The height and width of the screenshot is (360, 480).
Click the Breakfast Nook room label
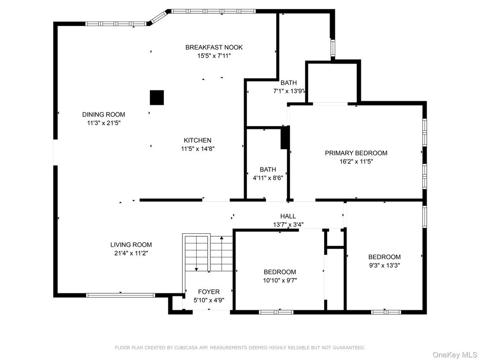click(214, 47)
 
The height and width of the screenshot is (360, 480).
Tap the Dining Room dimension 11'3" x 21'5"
click(103, 123)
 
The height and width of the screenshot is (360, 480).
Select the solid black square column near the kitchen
click(157, 98)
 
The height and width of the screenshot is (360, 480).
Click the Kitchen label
click(197, 140)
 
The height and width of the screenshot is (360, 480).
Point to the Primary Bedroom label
click(356, 153)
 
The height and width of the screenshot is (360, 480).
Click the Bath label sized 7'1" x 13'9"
click(289, 83)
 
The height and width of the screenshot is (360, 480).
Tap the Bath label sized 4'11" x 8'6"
click(268, 169)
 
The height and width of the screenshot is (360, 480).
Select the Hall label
click(288, 216)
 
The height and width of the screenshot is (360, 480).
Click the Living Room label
click(131, 244)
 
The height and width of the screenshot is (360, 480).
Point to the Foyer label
click(209, 292)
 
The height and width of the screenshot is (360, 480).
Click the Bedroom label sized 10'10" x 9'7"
click(280, 272)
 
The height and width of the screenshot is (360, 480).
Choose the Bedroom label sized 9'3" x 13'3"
click(384, 257)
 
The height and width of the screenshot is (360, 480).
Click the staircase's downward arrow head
click(196, 270)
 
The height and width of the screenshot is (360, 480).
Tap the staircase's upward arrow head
click(222, 238)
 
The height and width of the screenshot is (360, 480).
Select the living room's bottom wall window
click(120, 295)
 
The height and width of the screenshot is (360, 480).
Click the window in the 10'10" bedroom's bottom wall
click(276, 312)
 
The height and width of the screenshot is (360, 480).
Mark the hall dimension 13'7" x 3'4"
click(288, 225)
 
